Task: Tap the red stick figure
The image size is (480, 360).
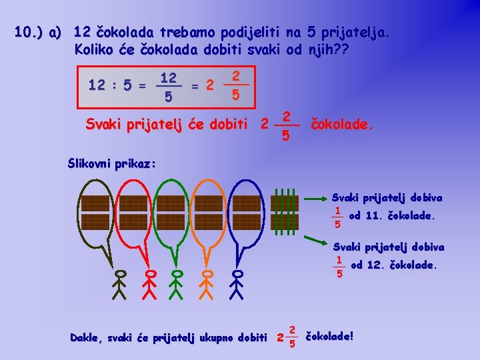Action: pos(151,285)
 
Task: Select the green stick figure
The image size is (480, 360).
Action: pos(177,285)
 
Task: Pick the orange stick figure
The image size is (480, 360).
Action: pos(206,285)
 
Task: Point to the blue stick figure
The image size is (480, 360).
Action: pos(237,285)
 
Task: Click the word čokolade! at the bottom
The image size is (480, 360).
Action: pos(329,337)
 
